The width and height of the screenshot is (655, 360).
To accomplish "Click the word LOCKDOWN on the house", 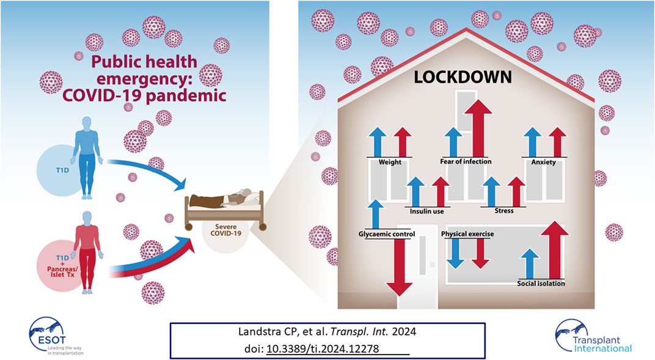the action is pos(463,77).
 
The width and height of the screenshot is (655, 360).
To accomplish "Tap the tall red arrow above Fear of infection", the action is pos(478,128).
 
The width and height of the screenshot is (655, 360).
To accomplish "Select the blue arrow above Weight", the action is pos(378,142).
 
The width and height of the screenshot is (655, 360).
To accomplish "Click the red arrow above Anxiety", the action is pos(557,142).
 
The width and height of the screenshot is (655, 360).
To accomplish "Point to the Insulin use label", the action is pos(426,211).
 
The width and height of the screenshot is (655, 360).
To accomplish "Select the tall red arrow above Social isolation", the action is pos(555,250).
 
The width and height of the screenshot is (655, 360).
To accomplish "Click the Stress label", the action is pos(504,211).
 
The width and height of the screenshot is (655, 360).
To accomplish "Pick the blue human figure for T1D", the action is pos(87,158).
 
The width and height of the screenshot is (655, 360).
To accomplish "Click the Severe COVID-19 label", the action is pos(225,230).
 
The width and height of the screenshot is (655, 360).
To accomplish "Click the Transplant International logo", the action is pos(594,337).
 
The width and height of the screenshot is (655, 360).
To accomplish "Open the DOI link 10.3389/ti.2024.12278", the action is pos(323,349).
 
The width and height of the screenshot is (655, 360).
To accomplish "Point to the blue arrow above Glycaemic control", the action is pos(376,215).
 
